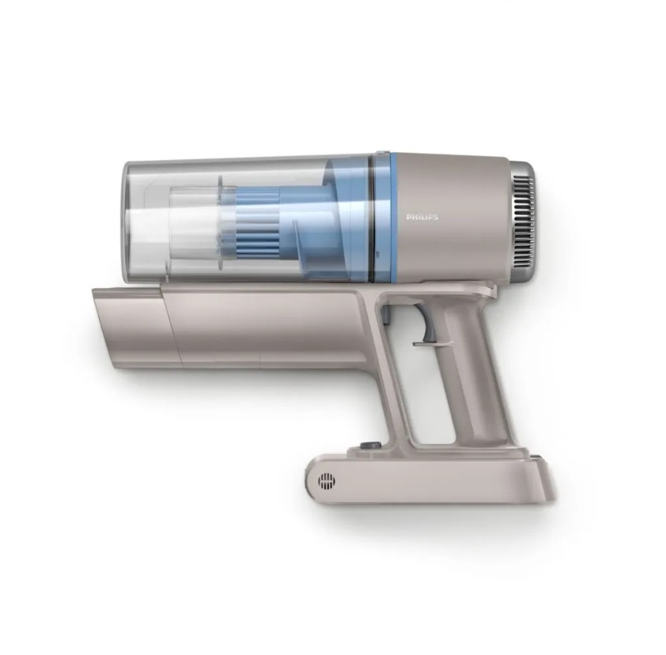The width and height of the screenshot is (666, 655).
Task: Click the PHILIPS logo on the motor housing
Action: [x=422, y=217]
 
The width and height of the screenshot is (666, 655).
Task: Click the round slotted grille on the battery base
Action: [x=326, y=481]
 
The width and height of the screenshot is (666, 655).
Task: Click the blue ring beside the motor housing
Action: [x=394, y=217]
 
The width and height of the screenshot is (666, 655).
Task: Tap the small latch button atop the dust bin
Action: [x=381, y=151]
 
